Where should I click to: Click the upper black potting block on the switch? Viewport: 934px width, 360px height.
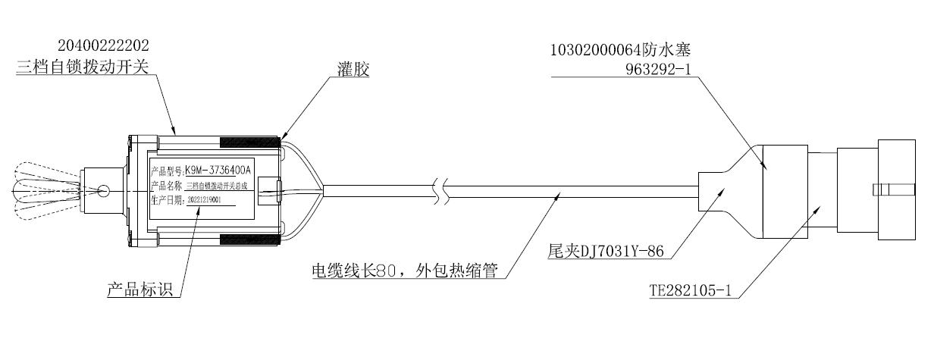249,142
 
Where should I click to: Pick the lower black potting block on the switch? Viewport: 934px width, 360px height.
249,239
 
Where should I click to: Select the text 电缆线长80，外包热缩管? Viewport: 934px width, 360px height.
404,271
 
